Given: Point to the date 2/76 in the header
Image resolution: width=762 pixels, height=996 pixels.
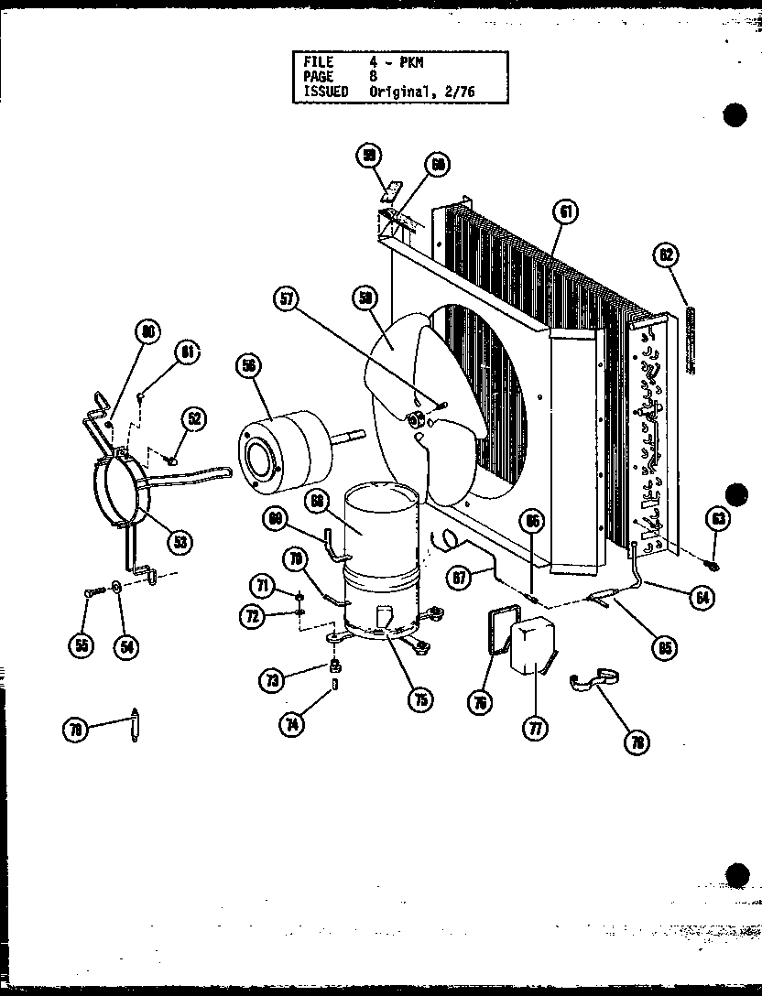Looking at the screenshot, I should [x=461, y=92].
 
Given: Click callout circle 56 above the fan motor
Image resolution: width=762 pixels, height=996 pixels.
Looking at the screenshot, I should [x=246, y=366].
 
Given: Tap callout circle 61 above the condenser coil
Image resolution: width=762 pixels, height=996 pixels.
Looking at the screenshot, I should [x=565, y=211].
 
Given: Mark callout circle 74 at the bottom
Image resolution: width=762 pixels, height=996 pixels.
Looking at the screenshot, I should [x=292, y=721].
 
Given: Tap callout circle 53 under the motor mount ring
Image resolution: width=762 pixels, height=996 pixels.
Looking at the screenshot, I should [x=180, y=542].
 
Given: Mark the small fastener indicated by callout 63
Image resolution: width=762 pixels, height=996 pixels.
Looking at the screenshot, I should [x=713, y=565].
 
